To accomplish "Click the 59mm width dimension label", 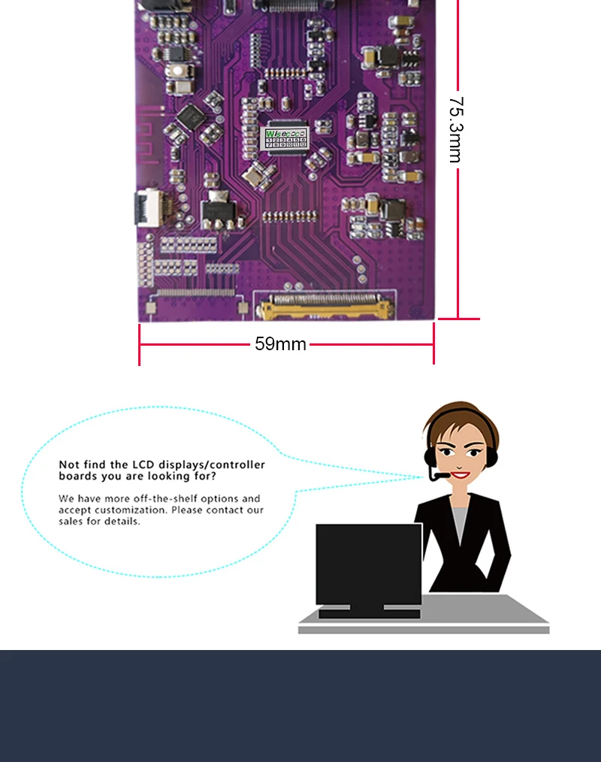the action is pos(280,344).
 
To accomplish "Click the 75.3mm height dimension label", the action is pos(455,129).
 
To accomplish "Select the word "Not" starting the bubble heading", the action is pos(68,464).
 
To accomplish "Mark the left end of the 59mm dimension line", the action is pos(140,345).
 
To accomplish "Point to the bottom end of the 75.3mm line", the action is pos(458,319).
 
